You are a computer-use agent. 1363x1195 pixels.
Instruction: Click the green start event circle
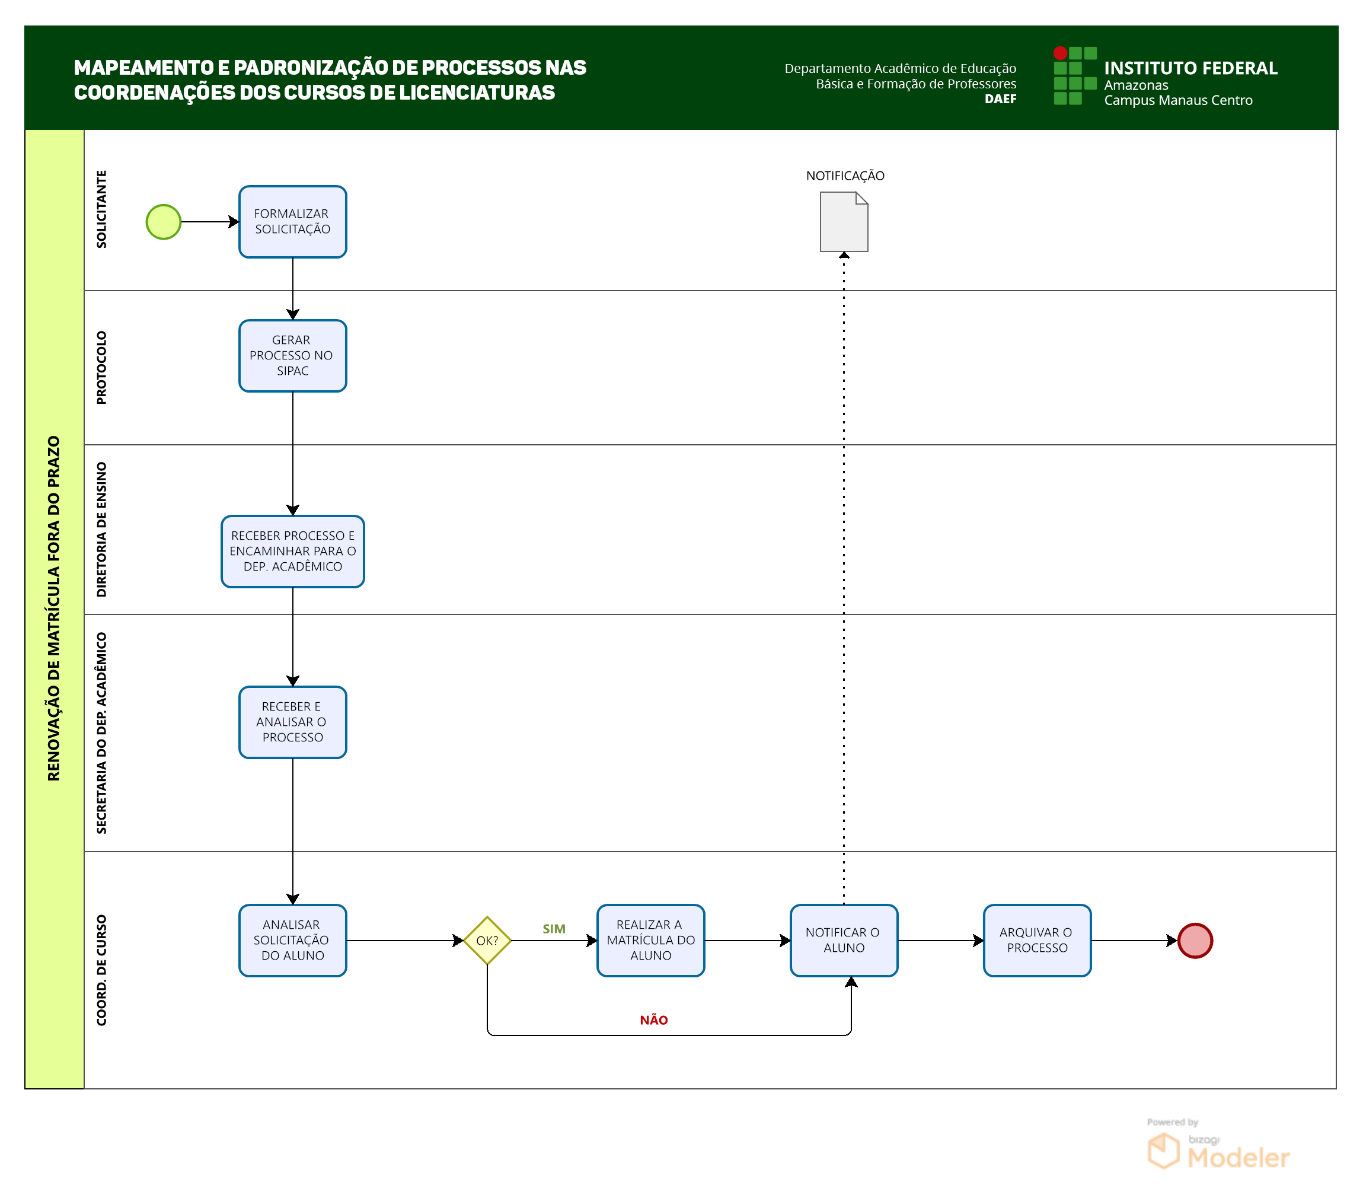click(x=163, y=222)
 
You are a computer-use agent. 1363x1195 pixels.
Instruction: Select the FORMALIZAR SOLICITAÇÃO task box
click(x=293, y=222)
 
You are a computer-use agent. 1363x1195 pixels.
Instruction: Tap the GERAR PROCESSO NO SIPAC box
click(x=293, y=355)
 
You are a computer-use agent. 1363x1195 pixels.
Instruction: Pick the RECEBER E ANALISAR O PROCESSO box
click(x=293, y=722)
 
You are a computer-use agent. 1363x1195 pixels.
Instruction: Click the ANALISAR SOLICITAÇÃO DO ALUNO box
click(x=293, y=940)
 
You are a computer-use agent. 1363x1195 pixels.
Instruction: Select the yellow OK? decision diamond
click(x=487, y=940)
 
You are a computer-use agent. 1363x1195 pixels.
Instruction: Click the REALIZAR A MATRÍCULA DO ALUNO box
click(x=650, y=940)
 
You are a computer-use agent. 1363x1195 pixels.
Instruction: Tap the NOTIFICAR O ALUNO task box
click(x=844, y=940)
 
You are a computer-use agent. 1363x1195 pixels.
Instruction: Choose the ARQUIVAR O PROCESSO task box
click(x=1037, y=940)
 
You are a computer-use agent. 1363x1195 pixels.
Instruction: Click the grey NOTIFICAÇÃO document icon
click(x=844, y=222)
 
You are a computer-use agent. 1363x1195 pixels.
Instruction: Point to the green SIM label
click(x=554, y=929)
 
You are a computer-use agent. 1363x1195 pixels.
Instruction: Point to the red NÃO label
click(x=654, y=1019)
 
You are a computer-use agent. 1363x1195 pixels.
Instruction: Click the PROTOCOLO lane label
click(x=101, y=368)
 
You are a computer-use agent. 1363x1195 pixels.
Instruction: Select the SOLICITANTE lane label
click(x=101, y=209)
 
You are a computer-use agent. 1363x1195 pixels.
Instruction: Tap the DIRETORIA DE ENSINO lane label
click(x=101, y=530)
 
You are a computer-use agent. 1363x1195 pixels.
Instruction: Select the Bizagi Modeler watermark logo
click(x=1218, y=1146)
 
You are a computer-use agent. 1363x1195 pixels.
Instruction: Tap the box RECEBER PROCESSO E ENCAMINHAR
click(x=293, y=552)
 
